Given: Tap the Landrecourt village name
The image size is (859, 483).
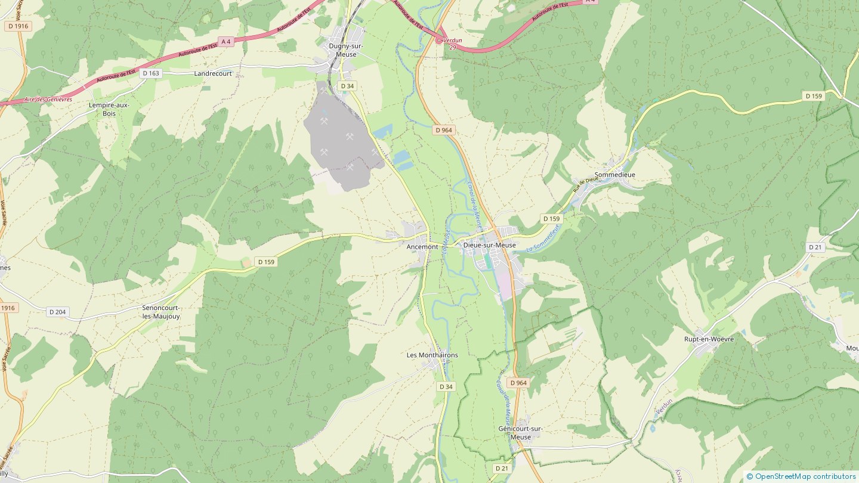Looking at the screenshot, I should [x=213, y=73].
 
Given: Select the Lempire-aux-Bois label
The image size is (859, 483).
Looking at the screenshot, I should [x=109, y=109].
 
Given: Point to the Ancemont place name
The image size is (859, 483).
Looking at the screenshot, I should [x=422, y=247].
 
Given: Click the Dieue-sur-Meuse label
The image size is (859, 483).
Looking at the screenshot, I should [x=489, y=245].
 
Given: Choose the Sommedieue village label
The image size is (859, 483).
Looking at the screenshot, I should [x=614, y=175].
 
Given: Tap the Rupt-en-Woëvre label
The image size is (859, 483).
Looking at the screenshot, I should [x=709, y=339].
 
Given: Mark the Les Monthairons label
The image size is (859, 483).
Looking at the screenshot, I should [x=432, y=355].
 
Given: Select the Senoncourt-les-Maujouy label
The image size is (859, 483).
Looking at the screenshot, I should [x=160, y=312].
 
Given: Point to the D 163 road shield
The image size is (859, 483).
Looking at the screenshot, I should [x=151, y=73].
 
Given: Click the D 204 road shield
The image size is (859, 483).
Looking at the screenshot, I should [x=58, y=312].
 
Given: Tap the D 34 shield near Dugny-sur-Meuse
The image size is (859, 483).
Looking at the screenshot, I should [x=347, y=86].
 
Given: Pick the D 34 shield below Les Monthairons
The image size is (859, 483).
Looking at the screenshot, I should [x=446, y=386].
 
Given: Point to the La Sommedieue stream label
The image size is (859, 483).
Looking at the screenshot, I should [x=544, y=237].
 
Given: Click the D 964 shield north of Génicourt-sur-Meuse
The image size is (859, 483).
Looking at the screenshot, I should [x=518, y=383].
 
